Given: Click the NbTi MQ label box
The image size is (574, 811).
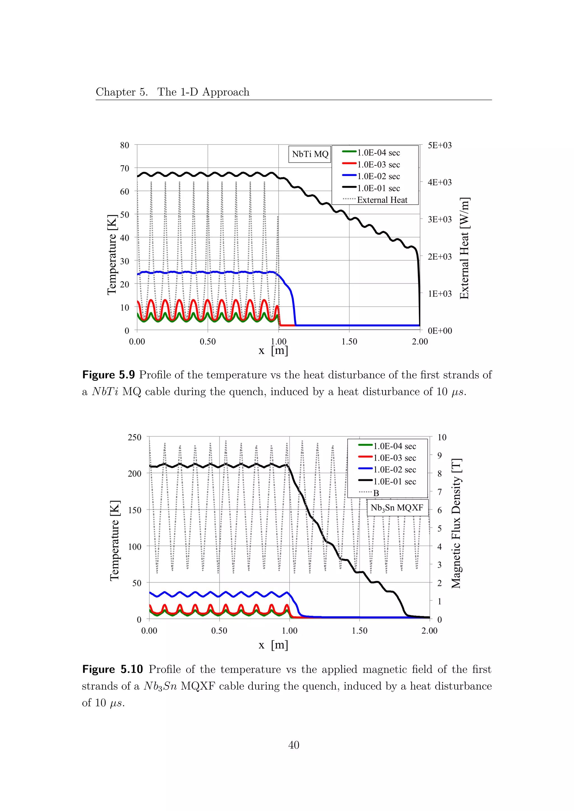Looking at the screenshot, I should tap(310, 154).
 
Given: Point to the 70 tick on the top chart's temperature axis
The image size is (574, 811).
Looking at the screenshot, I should tap(125, 169).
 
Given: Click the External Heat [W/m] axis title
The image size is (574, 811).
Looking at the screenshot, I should tap(464, 248).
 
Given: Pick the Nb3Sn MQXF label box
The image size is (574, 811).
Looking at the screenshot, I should tap(397, 508).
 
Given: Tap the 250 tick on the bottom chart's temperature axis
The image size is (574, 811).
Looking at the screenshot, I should tap(134, 437).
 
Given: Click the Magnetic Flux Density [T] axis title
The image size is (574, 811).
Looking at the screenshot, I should tap(456, 523).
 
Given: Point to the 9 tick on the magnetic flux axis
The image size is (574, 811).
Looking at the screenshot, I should tap(439, 456).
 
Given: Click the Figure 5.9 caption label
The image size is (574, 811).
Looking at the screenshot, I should tap(108, 375).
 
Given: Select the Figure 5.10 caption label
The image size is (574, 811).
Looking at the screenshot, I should tap(112, 669).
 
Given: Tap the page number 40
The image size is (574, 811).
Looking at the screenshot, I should tap(294, 745).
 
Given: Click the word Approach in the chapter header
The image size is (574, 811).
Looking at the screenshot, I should tap(226, 92).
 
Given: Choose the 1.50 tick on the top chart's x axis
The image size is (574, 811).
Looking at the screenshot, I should tap(349, 342).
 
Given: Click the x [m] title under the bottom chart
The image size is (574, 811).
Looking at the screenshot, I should tap(273, 645).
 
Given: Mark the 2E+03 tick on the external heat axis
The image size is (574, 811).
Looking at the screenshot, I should tap(439, 257).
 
